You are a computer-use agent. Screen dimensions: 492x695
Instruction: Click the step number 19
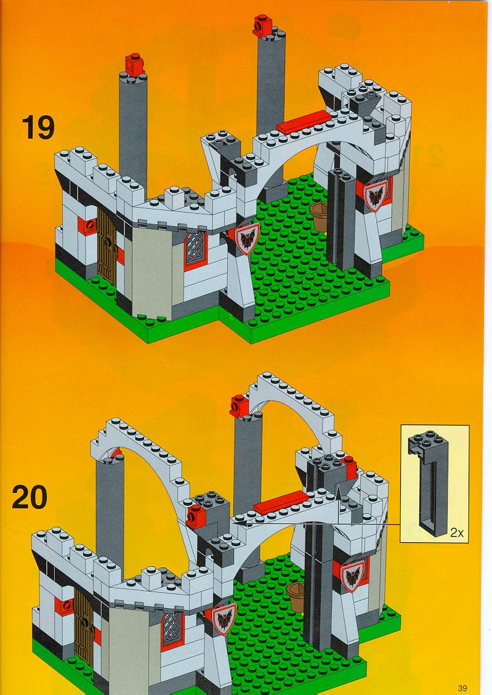(x=38, y=127)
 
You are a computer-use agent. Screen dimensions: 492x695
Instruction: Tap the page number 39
(x=462, y=688)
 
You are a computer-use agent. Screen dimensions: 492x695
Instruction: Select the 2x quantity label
(x=456, y=532)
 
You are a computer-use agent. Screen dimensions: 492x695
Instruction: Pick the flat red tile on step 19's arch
(x=304, y=121)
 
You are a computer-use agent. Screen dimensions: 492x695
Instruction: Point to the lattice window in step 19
(x=195, y=249)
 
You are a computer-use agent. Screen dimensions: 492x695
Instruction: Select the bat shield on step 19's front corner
(x=247, y=238)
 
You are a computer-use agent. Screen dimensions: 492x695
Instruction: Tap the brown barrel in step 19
(x=318, y=216)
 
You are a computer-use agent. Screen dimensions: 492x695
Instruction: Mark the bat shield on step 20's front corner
(x=224, y=619)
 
